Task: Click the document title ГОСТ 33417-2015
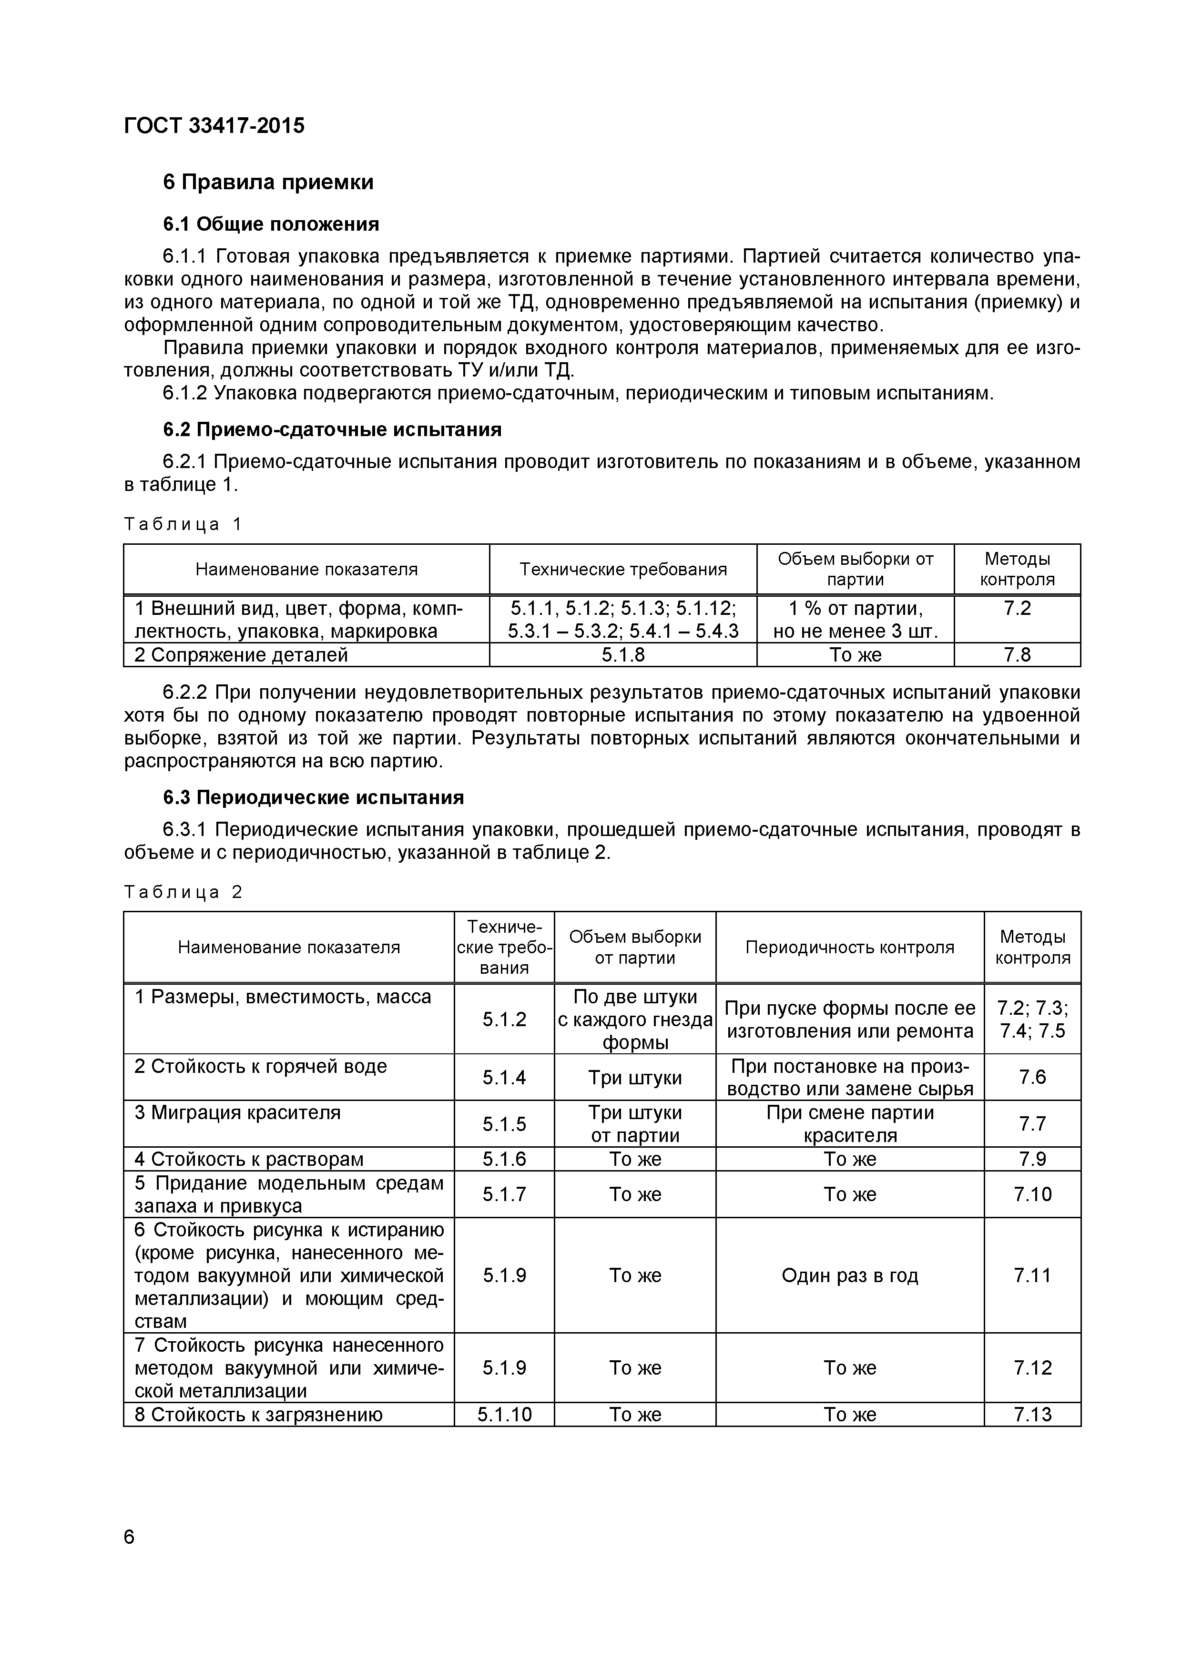(214, 126)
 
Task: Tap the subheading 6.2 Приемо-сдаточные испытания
(332, 429)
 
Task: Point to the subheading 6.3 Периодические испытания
(313, 797)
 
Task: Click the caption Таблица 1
(183, 524)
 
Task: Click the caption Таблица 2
(183, 892)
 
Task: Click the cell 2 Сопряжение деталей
(241, 655)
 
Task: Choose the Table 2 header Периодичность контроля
(849, 947)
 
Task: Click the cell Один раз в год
(849, 1275)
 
